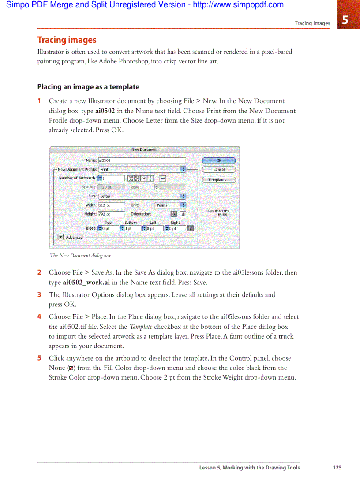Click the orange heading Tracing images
point(67,40)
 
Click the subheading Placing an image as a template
point(88,87)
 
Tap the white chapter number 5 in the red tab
point(345,20)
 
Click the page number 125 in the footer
point(337,468)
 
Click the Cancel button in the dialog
point(219,169)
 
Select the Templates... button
point(219,180)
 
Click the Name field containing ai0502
point(141,161)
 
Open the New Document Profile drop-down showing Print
point(142,169)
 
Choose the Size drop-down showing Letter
point(142,196)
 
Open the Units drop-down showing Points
point(170,205)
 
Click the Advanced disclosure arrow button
point(61,237)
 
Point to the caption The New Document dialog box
point(81,256)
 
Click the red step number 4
point(39,316)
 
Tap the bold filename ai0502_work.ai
point(86,283)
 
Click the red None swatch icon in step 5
point(71,368)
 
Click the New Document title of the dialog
point(144,150)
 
